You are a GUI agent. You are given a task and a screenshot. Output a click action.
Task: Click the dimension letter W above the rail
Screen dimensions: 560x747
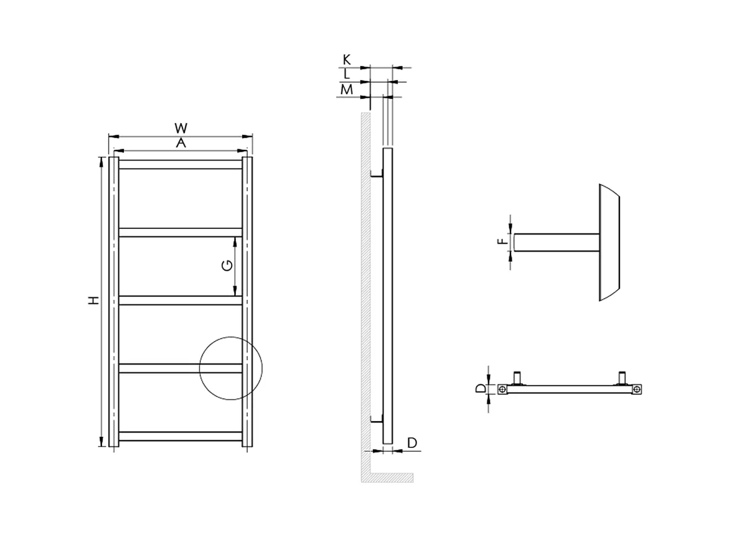click(x=181, y=128)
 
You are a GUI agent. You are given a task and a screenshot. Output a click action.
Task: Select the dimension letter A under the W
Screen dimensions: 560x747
click(x=181, y=143)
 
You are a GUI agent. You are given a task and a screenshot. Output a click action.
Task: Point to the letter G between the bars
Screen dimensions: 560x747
click(x=227, y=266)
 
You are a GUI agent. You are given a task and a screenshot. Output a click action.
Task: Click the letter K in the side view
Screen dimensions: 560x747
click(x=347, y=60)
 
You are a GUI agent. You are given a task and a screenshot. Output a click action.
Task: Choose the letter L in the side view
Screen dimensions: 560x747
click(x=347, y=74)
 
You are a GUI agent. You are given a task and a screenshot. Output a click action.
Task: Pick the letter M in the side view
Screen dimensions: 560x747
click(x=347, y=90)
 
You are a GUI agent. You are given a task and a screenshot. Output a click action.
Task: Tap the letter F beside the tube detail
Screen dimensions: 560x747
click(x=502, y=241)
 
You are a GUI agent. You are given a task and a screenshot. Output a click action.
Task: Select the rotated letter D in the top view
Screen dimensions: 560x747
click(x=480, y=389)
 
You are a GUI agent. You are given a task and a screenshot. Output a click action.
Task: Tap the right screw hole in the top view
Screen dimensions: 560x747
click(x=637, y=390)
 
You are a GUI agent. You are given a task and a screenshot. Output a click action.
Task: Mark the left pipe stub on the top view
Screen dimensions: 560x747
click(x=517, y=378)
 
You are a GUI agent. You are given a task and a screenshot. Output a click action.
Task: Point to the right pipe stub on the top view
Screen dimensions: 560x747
click(x=622, y=378)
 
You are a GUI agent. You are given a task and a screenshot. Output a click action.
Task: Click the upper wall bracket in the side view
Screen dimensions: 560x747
click(x=376, y=176)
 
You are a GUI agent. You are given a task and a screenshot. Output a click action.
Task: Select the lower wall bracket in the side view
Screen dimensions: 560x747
click(x=376, y=421)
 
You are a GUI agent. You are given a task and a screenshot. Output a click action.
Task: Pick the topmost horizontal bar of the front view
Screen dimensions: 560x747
click(x=181, y=165)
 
